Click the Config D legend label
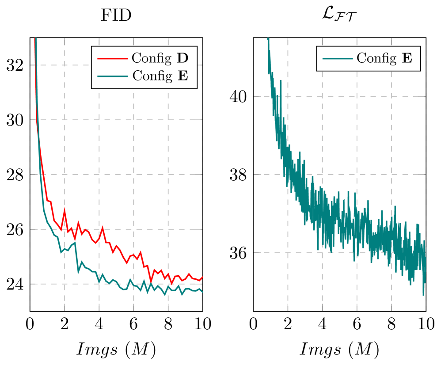(x=160, y=58)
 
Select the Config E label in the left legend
(x=160, y=76)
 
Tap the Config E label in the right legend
(x=384, y=58)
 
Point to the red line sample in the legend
(x=112, y=58)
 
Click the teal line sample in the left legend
(x=112, y=76)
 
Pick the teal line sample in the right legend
(x=337, y=58)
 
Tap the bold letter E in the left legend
(x=182, y=76)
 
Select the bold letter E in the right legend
(x=407, y=58)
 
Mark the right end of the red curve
(x=202, y=277)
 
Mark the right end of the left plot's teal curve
(x=202, y=292)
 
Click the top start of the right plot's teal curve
(x=268, y=39)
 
